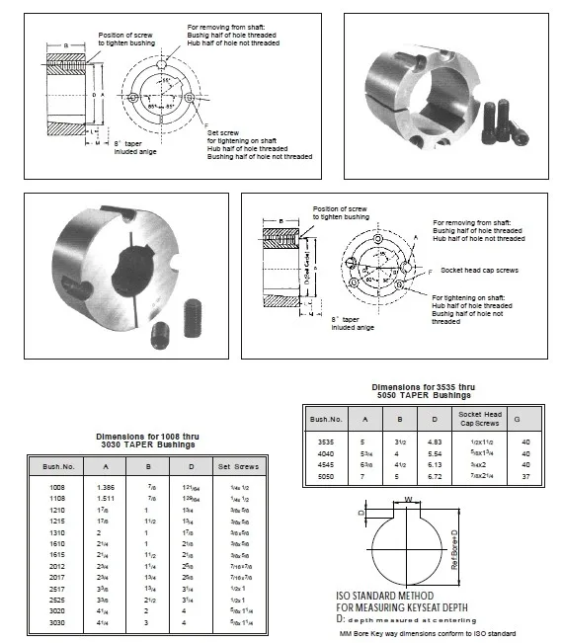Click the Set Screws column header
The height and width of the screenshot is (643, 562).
click(237, 463)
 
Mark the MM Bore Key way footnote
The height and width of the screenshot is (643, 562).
click(428, 633)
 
